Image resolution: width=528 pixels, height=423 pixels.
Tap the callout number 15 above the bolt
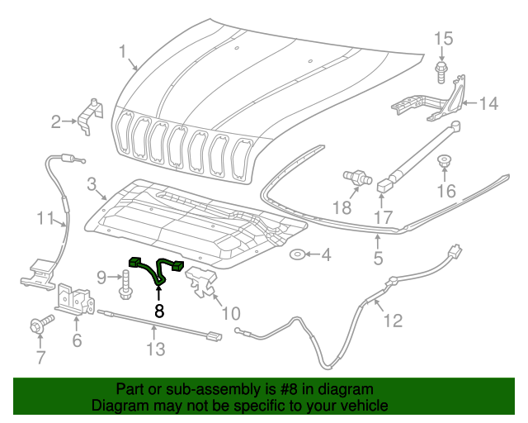point(444,39)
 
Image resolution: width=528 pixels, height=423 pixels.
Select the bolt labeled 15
point(441,70)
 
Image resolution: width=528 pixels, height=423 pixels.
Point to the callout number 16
point(445,192)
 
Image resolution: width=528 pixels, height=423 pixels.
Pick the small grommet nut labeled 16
point(444,163)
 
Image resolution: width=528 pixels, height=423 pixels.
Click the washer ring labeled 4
point(299,254)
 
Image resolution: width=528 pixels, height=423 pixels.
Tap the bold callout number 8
point(159,311)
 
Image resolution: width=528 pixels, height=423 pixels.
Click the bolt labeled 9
point(125,288)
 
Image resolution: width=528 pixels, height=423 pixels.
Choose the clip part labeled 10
point(201,281)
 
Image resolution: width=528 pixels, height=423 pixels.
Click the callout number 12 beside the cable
point(393,320)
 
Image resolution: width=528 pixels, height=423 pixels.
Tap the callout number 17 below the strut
point(381,219)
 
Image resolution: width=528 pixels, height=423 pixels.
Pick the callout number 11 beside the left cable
point(45,219)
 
